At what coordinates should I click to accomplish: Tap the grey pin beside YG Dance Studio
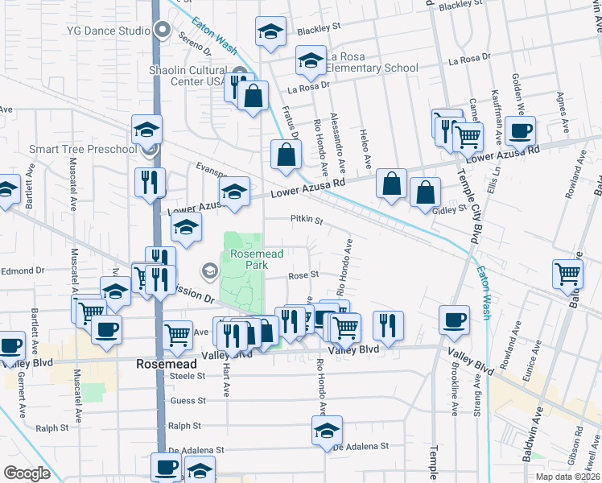162,31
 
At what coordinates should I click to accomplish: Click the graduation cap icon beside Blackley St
271,33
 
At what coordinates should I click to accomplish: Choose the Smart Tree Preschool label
82,149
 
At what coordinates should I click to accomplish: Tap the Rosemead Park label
246,258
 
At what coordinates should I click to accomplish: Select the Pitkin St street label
306,220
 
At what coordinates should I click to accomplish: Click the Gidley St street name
451,209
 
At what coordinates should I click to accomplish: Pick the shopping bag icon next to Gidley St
425,193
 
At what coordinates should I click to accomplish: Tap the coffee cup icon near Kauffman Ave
520,130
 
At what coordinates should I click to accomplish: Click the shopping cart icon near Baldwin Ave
567,275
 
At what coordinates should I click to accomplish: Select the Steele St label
188,376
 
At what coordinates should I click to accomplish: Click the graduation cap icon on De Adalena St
328,431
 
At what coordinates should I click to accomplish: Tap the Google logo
27,473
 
